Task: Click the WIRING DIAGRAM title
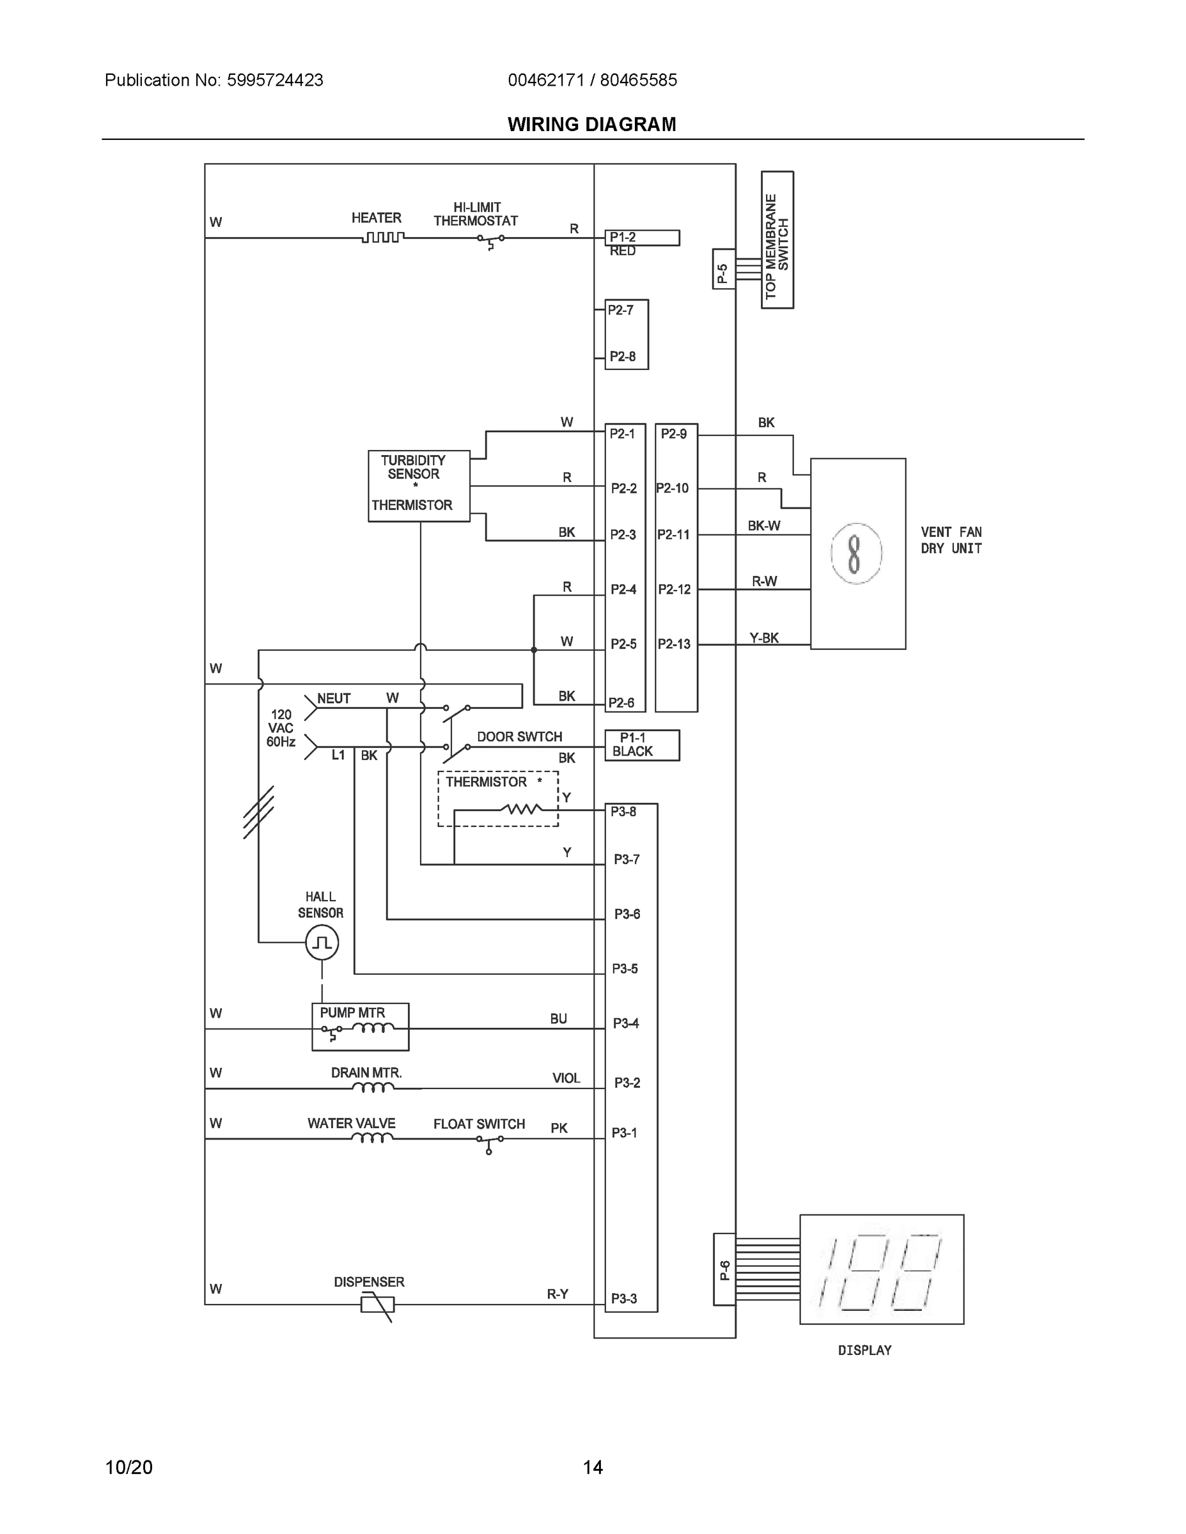pos(591,125)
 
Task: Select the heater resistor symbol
pos(383,238)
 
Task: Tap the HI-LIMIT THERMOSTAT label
pos(476,214)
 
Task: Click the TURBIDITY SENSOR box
pos(419,485)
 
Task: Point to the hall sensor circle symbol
pos(322,942)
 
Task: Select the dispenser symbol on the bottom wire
pos(377,1305)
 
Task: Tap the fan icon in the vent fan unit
pos(855,554)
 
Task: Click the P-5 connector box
pos(724,269)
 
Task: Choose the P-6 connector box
pos(724,1269)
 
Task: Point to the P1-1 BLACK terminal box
pos(641,745)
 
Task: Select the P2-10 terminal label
pos(673,488)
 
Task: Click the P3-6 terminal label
pos(627,914)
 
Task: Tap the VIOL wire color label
pos(566,1078)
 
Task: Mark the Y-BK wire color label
pos(764,638)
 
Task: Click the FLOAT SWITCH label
pos(478,1124)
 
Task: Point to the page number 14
pos(592,1468)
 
